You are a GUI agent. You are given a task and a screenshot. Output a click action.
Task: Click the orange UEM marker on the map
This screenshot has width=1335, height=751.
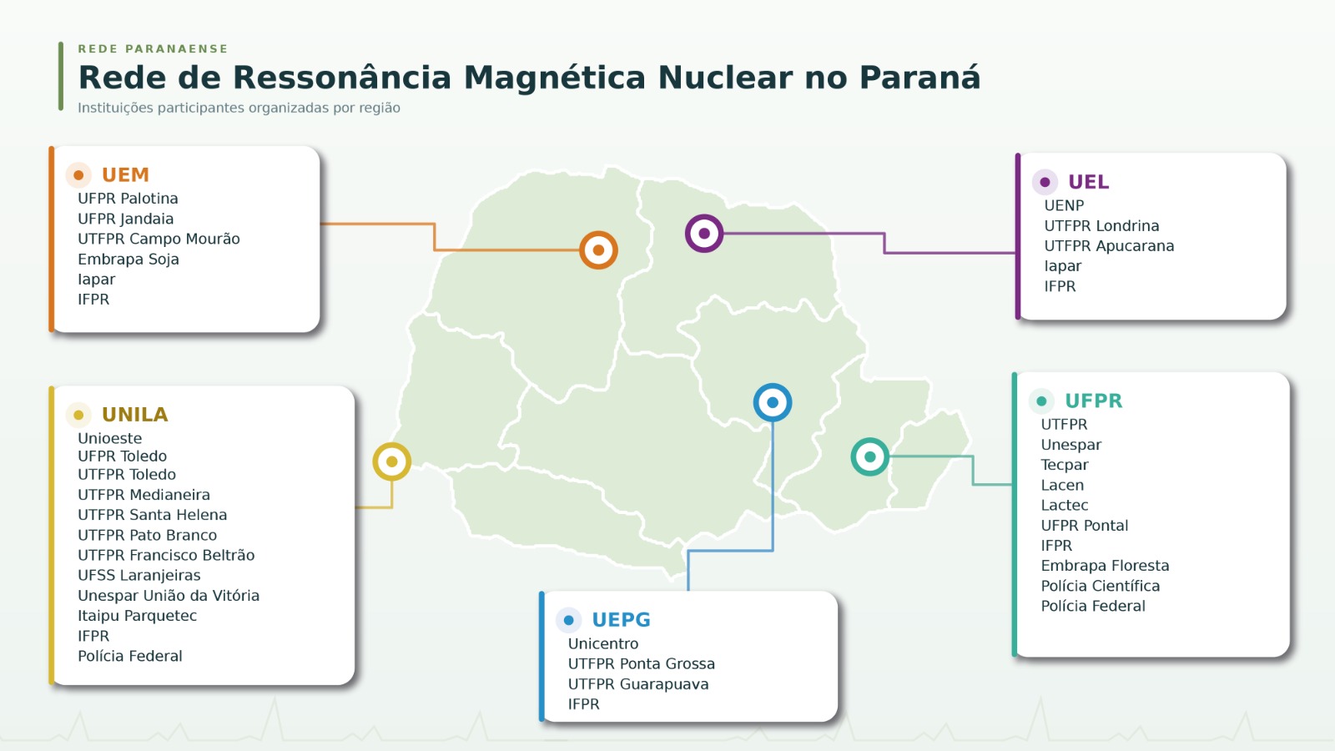click(598, 249)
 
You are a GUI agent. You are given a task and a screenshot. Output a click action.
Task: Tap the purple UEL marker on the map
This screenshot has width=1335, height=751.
click(704, 233)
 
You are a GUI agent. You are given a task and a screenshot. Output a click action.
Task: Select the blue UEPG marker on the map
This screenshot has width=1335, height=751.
click(773, 402)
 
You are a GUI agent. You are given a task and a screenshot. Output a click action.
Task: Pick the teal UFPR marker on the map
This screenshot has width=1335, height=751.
click(869, 456)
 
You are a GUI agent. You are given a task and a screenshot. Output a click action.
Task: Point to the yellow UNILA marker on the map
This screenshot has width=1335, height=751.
click(391, 461)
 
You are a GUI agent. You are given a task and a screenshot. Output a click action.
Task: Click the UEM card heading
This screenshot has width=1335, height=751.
click(125, 174)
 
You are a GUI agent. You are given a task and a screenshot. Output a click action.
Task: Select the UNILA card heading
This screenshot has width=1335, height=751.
click(134, 414)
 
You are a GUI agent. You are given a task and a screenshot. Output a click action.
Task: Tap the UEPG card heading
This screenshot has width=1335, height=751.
click(621, 620)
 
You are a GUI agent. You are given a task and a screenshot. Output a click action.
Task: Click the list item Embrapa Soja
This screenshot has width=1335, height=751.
click(128, 260)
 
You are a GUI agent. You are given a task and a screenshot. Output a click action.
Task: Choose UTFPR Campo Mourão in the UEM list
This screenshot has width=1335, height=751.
click(159, 239)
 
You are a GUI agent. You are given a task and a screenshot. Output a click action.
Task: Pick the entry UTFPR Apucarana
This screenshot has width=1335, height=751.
click(1109, 246)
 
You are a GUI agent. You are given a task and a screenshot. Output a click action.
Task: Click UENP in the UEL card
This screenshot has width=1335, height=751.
click(1063, 205)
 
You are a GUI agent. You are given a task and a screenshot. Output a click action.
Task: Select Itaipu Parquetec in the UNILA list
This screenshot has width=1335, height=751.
click(137, 616)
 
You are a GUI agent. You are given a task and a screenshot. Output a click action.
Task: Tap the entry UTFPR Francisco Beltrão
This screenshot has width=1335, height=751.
click(166, 555)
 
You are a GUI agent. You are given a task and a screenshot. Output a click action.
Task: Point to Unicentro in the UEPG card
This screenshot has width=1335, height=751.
click(602, 643)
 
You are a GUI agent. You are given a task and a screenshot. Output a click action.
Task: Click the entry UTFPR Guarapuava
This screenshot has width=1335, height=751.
click(637, 684)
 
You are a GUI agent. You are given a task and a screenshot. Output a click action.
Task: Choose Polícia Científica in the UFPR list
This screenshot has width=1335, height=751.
click(1100, 586)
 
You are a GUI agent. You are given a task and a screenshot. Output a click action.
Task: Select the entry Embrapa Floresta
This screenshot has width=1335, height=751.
click(1105, 566)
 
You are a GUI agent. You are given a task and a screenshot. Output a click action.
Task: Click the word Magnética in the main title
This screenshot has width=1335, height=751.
click(555, 78)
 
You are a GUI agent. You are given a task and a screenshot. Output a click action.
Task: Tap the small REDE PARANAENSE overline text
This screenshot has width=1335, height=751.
click(154, 49)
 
